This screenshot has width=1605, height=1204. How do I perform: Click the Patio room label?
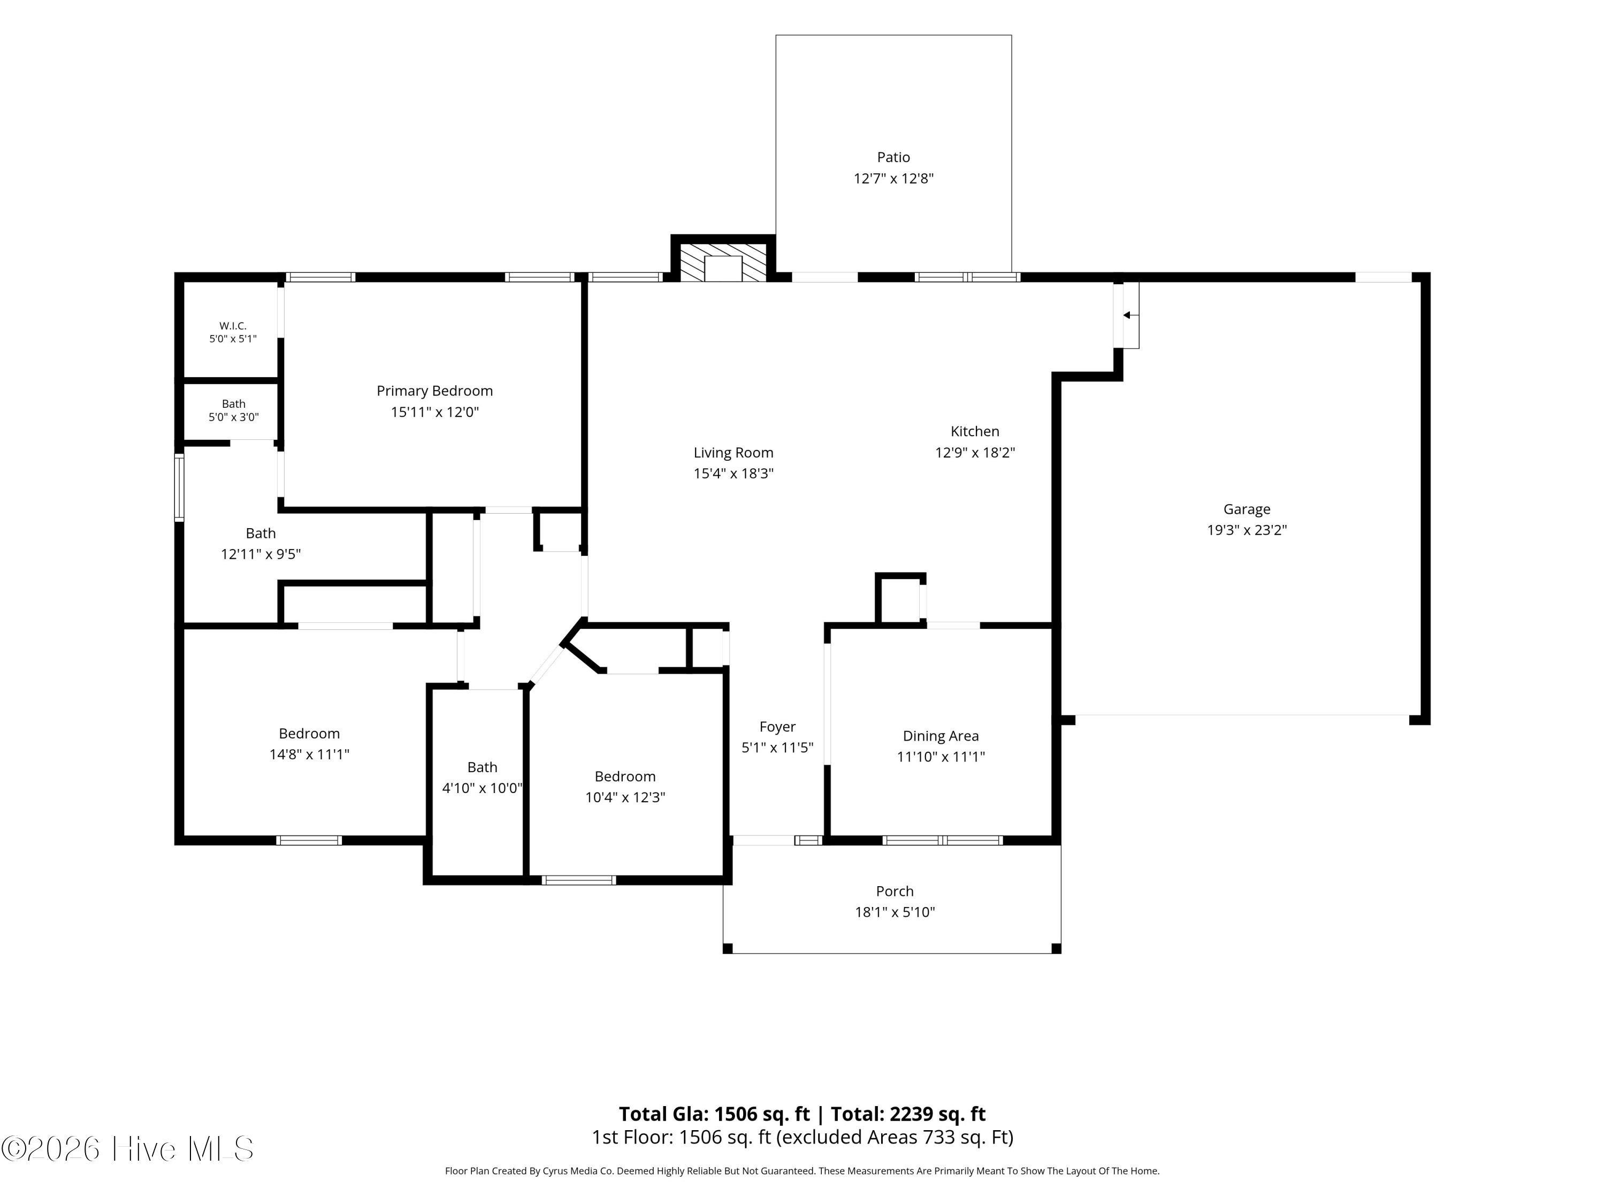coord(893,157)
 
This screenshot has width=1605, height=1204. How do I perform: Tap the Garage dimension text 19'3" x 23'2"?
coord(1247,530)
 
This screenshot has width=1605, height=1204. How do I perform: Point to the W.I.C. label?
coord(233,326)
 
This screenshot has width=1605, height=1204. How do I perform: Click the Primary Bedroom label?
coord(434,391)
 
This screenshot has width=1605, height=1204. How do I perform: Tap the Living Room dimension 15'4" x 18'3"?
coord(733,473)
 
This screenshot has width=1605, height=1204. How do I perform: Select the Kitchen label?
coord(974,431)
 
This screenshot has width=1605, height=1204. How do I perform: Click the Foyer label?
coord(777,727)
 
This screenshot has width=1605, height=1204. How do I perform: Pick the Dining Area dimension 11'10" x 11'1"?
coord(941,756)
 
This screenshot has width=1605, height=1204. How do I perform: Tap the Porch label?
coord(895,890)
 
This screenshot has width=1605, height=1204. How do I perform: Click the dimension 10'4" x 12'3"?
coord(625,797)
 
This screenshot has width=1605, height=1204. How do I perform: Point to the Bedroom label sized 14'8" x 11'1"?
coord(309,733)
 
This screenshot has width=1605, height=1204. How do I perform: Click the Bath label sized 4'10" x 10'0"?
coord(482,767)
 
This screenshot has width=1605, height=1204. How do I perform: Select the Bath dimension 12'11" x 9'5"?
coord(261,554)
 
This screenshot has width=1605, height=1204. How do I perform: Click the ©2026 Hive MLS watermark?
coord(128,1149)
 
